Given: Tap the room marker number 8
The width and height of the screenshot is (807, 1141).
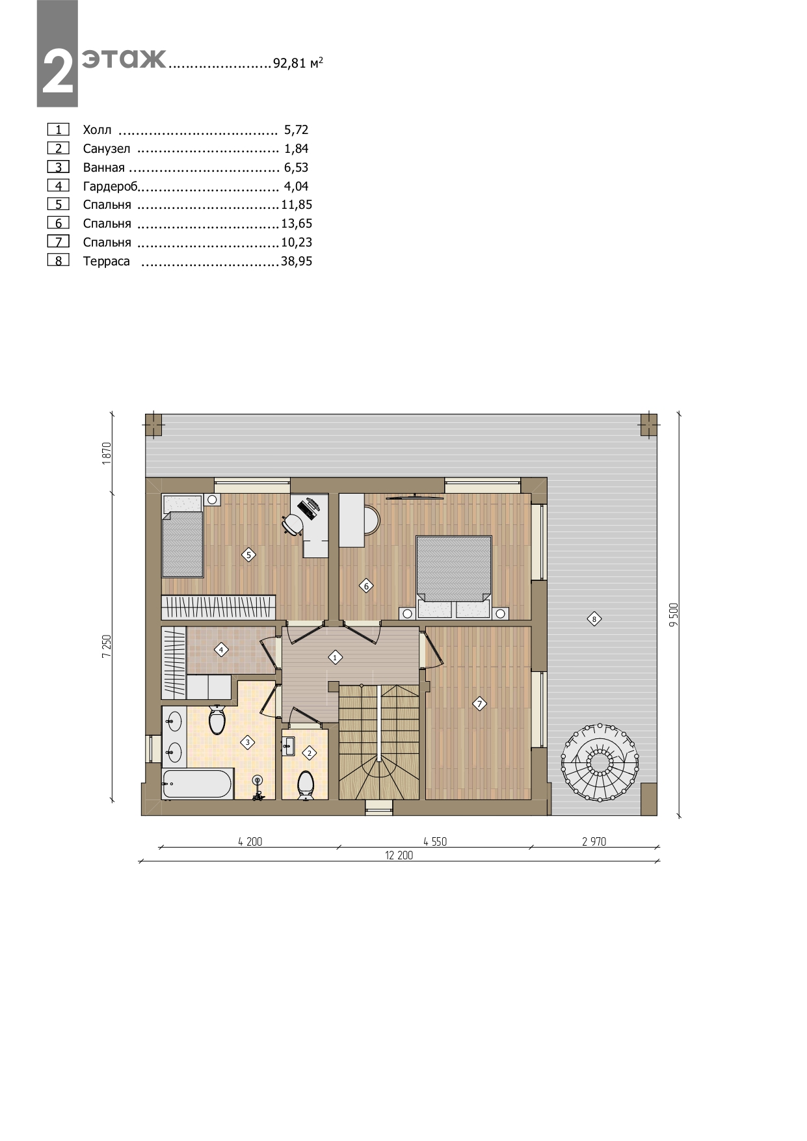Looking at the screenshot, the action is [594, 619].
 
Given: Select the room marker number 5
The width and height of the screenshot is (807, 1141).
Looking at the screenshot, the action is [248, 555].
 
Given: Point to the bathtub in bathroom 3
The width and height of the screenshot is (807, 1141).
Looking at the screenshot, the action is [198, 784].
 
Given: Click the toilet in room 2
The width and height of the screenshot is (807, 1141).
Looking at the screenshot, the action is [306, 784].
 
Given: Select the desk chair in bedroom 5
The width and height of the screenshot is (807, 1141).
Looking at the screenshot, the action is [293, 523].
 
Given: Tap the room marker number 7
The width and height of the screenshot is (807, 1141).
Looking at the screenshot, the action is [479, 703].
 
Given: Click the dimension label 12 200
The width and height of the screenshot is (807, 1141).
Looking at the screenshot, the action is [399, 855].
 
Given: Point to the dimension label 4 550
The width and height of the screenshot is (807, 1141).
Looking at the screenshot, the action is [435, 841].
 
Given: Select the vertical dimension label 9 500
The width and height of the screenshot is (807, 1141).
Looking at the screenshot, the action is [674, 615].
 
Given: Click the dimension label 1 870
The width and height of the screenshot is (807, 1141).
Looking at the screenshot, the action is [107, 453].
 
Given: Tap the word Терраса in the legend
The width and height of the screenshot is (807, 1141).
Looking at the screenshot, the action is [107, 262].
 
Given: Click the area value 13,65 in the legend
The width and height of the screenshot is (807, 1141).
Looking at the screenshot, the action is [297, 224].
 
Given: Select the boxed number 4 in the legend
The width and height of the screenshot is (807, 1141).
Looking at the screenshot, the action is [59, 186].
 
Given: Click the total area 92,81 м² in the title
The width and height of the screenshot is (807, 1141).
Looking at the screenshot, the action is [298, 63].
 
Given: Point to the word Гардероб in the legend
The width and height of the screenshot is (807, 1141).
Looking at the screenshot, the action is [111, 187].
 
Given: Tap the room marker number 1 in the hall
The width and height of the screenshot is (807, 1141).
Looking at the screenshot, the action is [335, 658].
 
